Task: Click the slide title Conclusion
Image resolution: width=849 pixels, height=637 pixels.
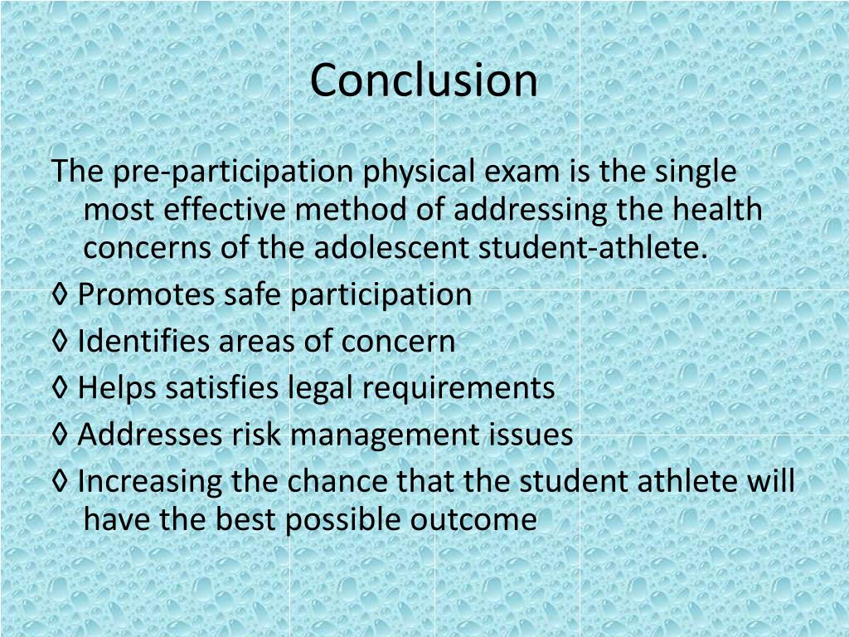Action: (x=424, y=80)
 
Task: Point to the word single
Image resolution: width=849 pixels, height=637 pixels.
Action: (x=696, y=173)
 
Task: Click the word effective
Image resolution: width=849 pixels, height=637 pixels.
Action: (x=225, y=211)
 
